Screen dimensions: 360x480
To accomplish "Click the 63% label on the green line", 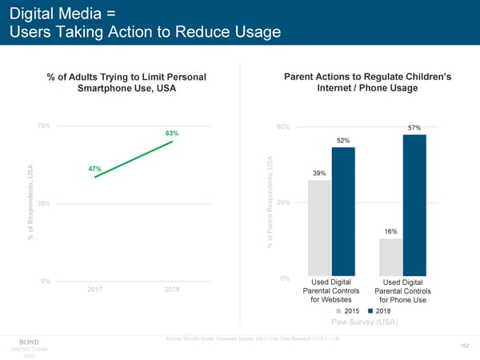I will [x=172, y=132].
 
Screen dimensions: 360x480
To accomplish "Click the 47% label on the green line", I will [x=94, y=169].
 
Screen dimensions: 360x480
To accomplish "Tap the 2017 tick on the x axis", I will [x=95, y=289].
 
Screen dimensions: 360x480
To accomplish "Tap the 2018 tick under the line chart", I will [x=171, y=289].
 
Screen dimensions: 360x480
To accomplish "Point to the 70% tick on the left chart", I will [x=44, y=126].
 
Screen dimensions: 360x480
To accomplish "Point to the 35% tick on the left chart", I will [x=44, y=203].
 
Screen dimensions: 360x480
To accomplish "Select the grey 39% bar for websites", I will [x=319, y=228].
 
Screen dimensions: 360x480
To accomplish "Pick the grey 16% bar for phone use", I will [x=391, y=257].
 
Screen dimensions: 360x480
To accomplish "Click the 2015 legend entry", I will [x=350, y=310].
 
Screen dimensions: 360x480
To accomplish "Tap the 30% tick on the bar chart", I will [x=282, y=202].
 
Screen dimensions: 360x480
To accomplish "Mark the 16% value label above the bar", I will [x=391, y=232].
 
